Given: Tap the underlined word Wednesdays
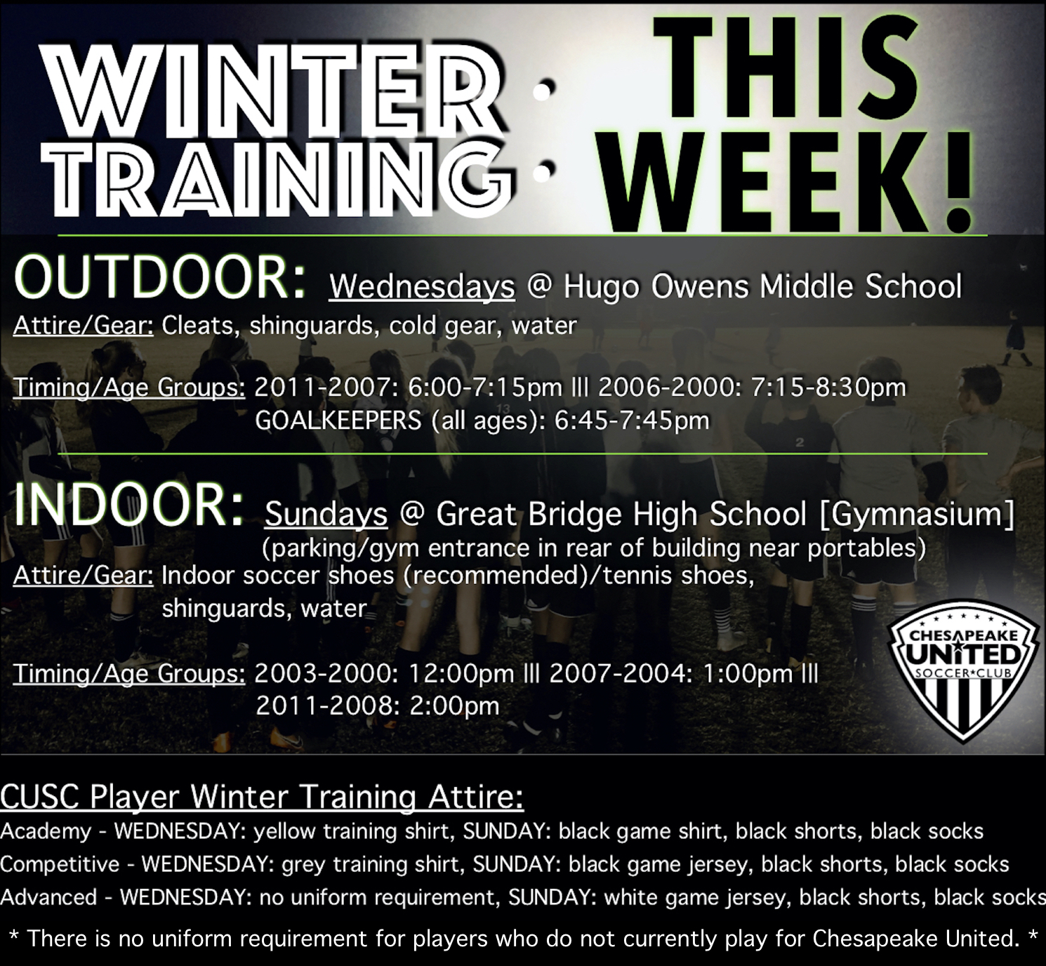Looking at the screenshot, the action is pos(422,288).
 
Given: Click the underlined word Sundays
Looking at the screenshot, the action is pos(326,515).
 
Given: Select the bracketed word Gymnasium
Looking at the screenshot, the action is pos(917,515).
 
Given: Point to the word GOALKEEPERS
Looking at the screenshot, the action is pos(338,421).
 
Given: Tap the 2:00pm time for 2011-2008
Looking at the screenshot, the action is pos(454,706).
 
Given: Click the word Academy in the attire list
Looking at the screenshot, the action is pos(46,832).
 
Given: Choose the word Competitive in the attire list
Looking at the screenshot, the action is pos(60,864).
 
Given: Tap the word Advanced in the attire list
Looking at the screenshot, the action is pos(48,897).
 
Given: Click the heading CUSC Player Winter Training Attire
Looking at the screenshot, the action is pos(262,798).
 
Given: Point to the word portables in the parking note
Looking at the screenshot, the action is pos(866,549).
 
